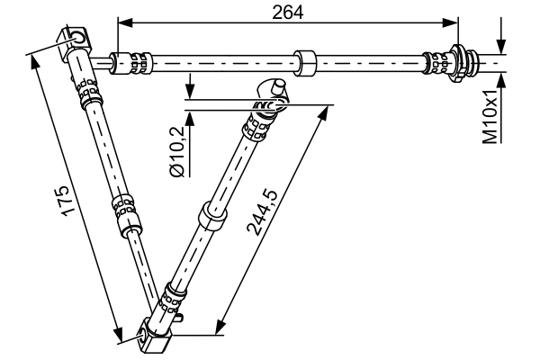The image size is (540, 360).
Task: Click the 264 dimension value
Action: pyautogui.click(x=289, y=11)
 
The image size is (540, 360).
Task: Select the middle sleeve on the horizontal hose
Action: pyautogui.click(x=308, y=64)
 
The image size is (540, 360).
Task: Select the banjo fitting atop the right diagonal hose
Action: pyautogui.click(x=274, y=93)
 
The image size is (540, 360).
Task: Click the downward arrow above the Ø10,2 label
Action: pyautogui.click(x=191, y=91)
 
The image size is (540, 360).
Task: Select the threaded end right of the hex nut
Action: pyautogui.click(x=486, y=63)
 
